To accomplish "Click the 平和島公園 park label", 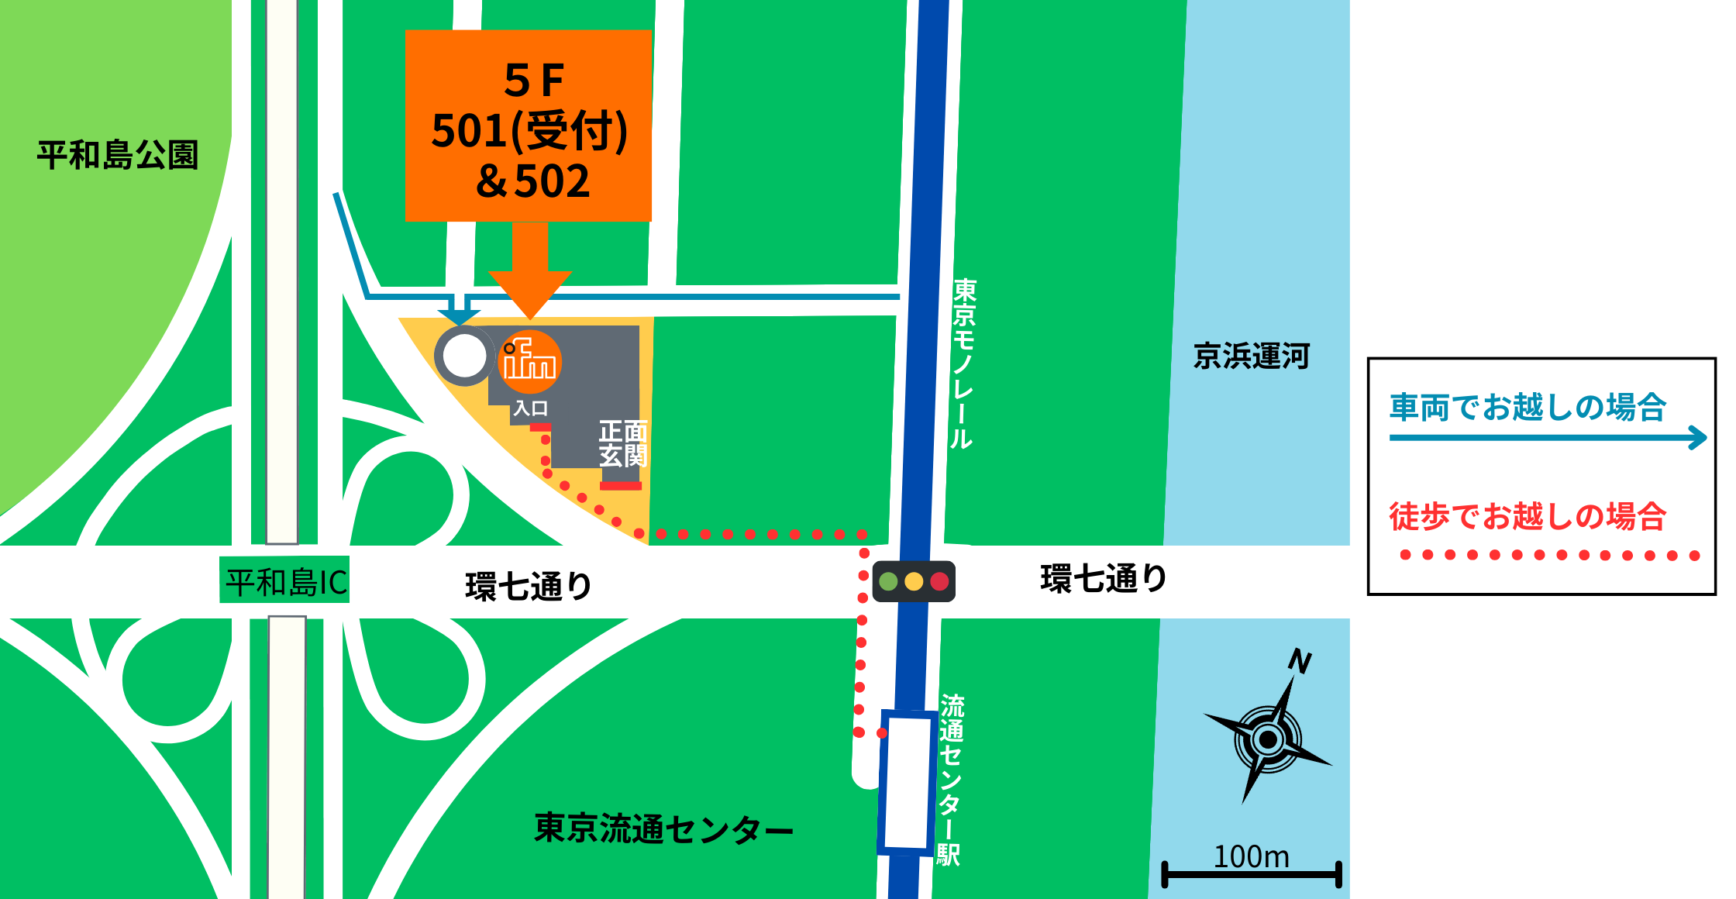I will [118, 155].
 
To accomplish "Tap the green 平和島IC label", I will [285, 581].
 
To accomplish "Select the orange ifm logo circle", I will [529, 362].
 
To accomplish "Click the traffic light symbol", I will [914, 581].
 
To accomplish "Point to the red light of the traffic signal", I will [939, 581].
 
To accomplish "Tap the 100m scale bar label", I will [1251, 857].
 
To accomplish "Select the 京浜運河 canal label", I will [1251, 356].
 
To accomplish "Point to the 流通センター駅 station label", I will [950, 779].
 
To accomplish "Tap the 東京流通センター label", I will [663, 828].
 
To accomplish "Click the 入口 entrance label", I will [531, 408].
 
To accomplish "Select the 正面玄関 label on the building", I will [622, 443].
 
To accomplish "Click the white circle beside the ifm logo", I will [463, 356].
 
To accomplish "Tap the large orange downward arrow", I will [530, 271].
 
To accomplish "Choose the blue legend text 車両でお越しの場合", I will [1527, 407].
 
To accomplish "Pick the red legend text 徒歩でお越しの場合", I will [1527, 516].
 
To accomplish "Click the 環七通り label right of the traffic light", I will [1104, 578].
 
